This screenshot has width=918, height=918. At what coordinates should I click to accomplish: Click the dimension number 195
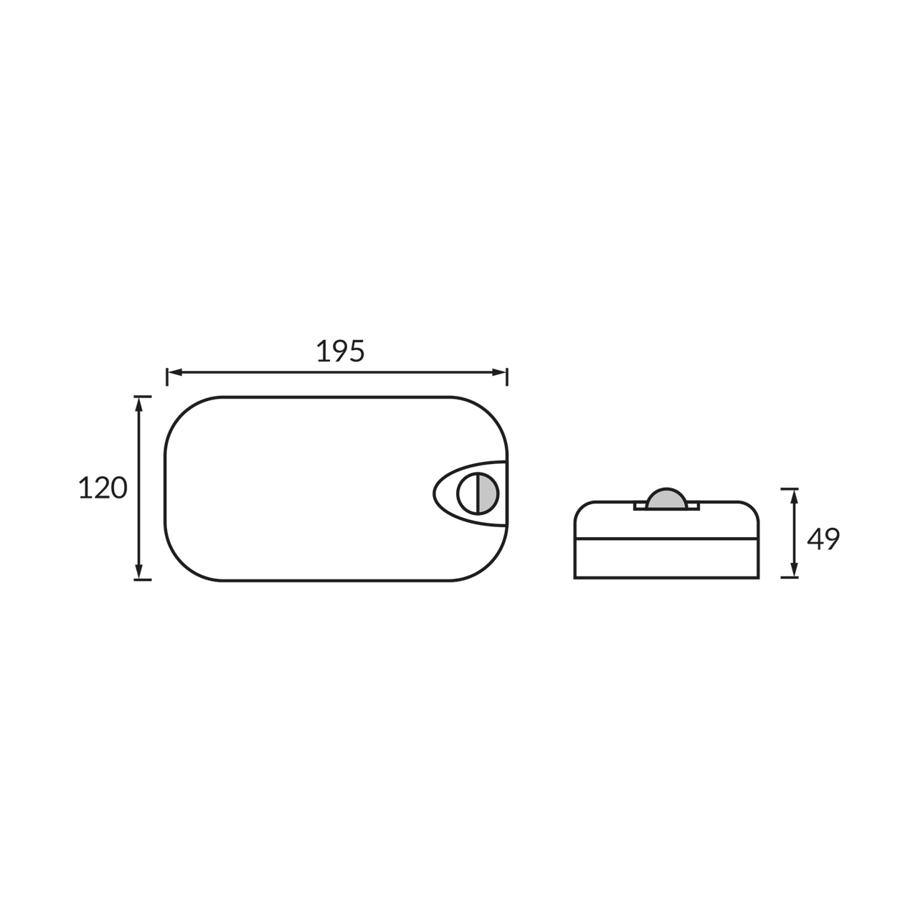(340, 351)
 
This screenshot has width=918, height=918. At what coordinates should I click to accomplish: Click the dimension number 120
(103, 488)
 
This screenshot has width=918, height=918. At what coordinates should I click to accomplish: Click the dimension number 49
(823, 539)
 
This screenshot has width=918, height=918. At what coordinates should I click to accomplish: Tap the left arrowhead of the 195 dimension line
(174, 372)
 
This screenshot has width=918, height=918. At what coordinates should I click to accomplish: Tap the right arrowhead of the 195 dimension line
(499, 372)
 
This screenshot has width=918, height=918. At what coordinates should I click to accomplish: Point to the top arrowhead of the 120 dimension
(139, 404)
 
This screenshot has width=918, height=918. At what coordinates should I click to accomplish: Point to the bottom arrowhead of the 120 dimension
(139, 572)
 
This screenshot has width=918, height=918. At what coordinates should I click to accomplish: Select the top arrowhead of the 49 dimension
(794, 496)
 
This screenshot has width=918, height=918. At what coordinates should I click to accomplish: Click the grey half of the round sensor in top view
(488, 493)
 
